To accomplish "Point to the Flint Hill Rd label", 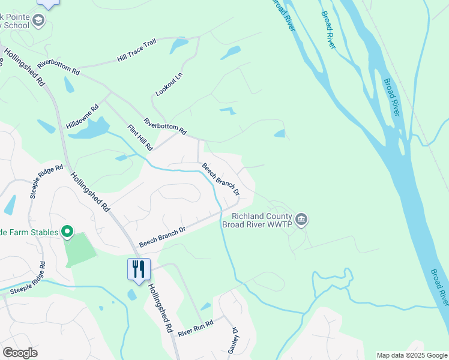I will [140, 137].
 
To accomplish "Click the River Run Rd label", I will [196, 327].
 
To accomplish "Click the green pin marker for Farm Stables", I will [67, 231].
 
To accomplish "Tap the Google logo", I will [20, 353].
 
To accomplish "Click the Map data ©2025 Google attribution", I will [411, 355].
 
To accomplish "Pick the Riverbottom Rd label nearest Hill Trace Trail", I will [58, 67].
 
